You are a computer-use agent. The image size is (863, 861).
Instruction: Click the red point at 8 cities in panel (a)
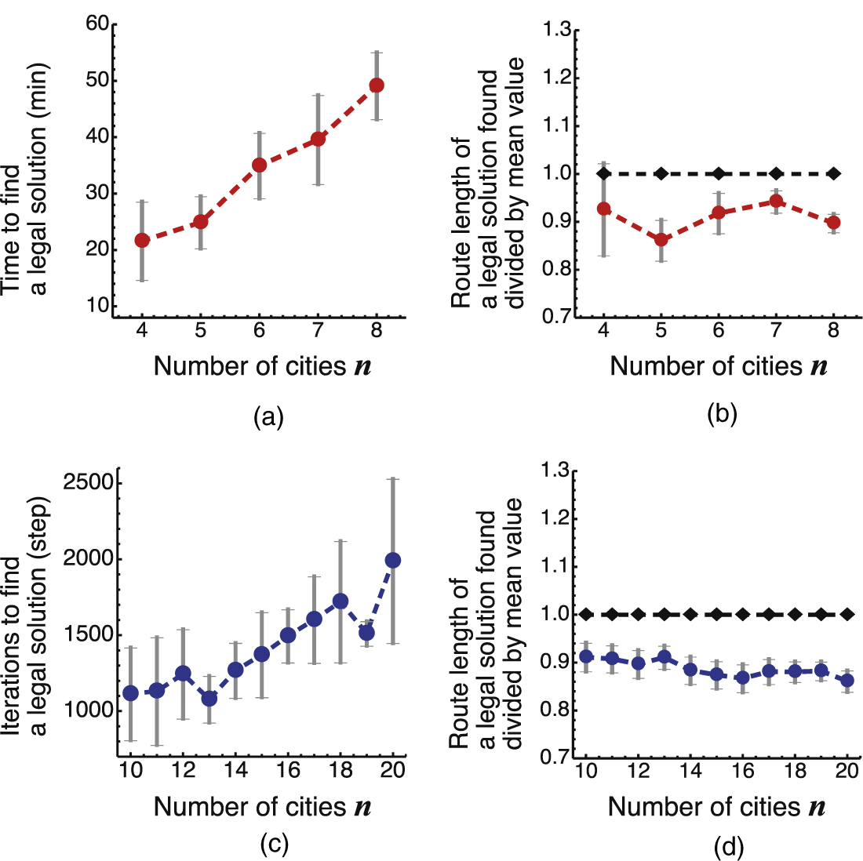[377, 85]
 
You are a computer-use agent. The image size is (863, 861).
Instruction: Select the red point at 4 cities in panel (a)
[142, 240]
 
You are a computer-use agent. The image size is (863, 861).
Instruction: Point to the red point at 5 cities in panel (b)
[661, 239]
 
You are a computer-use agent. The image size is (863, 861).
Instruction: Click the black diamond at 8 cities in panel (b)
[833, 173]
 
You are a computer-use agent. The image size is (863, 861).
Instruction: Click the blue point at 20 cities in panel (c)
[393, 560]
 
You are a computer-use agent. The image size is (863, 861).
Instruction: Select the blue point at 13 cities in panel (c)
[209, 698]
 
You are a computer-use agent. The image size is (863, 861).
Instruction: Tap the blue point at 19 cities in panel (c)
[366, 632]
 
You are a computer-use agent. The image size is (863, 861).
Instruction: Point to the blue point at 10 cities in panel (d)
[585, 656]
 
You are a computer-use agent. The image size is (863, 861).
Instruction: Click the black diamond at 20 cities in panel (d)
[847, 614]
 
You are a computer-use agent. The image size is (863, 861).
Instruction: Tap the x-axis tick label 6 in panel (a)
[259, 330]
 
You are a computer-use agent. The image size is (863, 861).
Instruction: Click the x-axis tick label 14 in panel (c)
[235, 771]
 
